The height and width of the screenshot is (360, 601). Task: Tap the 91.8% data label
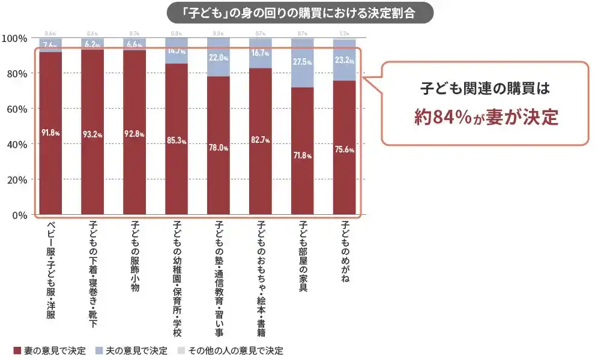click(x=50, y=133)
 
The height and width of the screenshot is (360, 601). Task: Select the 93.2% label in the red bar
click(x=92, y=133)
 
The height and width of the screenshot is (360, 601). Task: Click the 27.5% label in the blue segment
click(x=303, y=61)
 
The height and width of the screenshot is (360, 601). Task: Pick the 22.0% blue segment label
click(x=219, y=58)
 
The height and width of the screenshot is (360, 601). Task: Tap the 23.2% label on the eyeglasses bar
click(x=345, y=60)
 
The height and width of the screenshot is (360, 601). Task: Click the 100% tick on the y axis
click(x=15, y=38)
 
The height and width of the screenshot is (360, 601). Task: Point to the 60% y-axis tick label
click(x=17, y=109)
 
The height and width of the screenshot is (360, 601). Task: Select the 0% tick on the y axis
click(x=20, y=215)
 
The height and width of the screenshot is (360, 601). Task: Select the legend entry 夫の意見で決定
click(x=131, y=350)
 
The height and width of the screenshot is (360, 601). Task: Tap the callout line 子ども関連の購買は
click(x=485, y=88)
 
